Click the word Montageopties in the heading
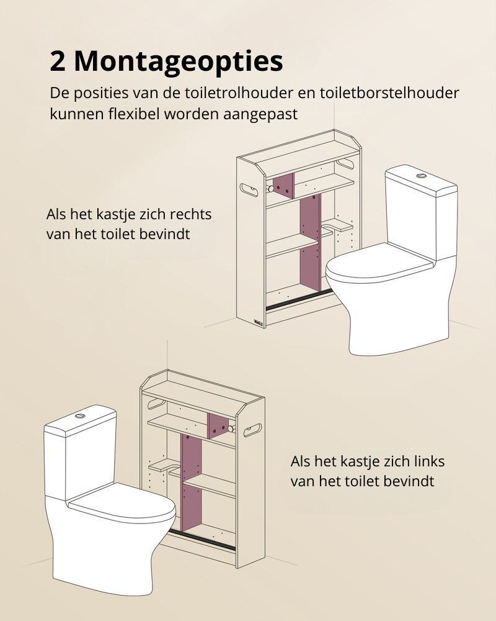[x=179, y=61]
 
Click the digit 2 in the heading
[x=58, y=61]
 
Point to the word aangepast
[x=260, y=114]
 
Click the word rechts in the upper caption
[x=190, y=214]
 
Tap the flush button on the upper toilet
[x=421, y=175]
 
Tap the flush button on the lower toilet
[x=81, y=415]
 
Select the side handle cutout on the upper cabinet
[x=250, y=189]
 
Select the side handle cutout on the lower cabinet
[x=252, y=430]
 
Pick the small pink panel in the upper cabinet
[x=284, y=186]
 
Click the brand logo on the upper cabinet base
[x=259, y=320]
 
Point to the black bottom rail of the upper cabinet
[x=299, y=300]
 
